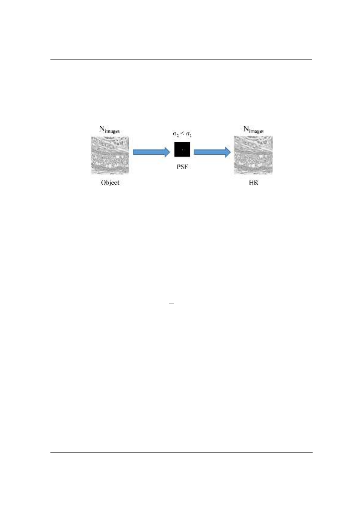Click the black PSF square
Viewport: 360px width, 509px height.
(182, 149)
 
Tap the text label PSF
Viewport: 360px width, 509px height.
(183, 167)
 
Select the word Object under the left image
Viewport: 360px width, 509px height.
(110, 183)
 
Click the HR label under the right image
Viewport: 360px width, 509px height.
(253, 183)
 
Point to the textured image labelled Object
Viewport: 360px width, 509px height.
(110, 155)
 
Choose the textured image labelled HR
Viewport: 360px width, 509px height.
(253, 155)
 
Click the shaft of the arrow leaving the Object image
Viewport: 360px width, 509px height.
(149, 152)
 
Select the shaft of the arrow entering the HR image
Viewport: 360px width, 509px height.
(209, 152)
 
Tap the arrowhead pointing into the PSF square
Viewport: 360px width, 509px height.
(167, 152)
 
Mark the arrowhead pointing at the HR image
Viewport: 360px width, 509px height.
(228, 152)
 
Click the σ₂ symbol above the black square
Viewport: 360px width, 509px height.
(175, 134)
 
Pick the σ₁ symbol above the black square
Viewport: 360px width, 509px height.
(189, 134)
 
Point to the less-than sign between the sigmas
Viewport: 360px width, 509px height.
(182, 134)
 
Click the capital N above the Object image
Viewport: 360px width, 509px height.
(102, 129)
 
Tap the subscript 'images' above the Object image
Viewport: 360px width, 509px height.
(112, 131)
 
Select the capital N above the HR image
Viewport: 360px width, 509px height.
(246, 129)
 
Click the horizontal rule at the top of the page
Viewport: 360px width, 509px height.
(181, 60)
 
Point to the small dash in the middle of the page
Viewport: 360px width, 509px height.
(171, 304)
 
